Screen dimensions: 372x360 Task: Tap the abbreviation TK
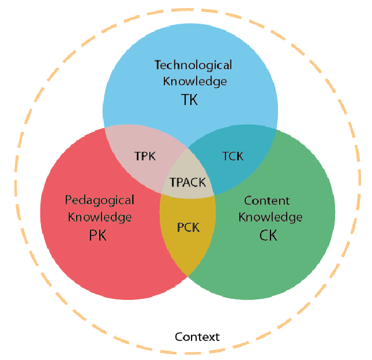tap(189, 99)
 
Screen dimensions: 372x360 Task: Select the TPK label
tap(145, 156)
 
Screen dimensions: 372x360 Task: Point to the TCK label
tap(233, 156)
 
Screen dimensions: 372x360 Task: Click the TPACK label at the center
tap(187, 182)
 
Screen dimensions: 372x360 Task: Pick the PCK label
tap(189, 227)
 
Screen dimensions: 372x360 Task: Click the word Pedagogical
tap(100, 201)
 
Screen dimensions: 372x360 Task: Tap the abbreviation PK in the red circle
tap(97, 235)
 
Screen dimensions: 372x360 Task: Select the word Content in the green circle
tap(267, 201)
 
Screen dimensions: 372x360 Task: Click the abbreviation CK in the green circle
tap(268, 235)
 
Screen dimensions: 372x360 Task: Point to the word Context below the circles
tap(197, 337)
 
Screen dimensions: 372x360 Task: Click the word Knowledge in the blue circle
tap(195, 82)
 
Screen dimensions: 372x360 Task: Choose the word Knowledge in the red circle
tap(100, 217)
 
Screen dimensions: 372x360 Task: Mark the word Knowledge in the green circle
tap(270, 217)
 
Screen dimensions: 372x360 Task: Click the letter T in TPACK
tap(172, 182)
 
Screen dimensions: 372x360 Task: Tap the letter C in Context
tap(179, 337)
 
